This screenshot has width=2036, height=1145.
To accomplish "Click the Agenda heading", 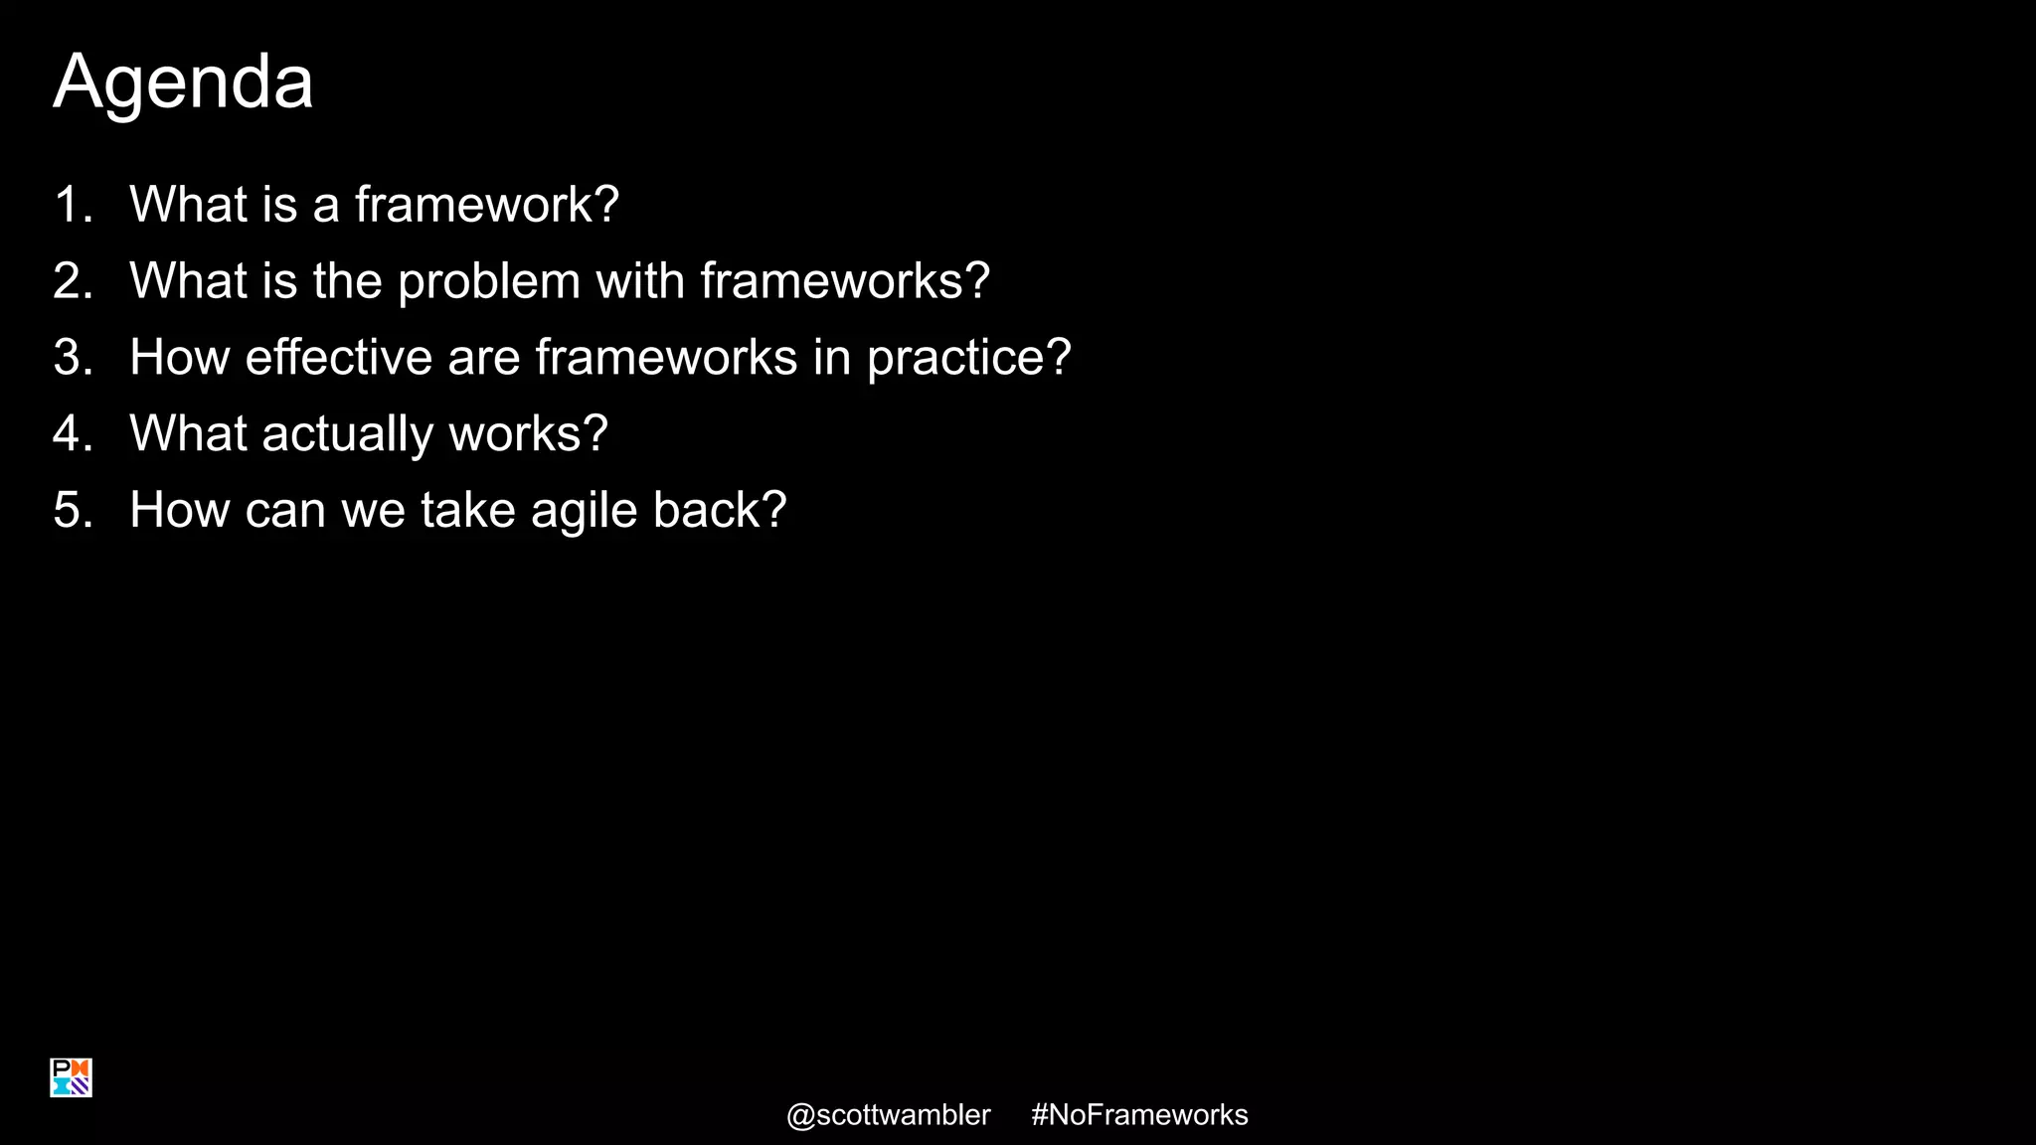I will click(183, 82).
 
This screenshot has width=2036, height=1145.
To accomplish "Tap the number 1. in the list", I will click(73, 205).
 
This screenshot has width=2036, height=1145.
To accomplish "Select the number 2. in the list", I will click(73, 281).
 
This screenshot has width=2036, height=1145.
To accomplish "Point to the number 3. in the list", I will click(73, 358).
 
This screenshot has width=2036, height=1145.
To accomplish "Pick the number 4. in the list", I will click(73, 434).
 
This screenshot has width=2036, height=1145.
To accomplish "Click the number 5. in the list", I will click(73, 511).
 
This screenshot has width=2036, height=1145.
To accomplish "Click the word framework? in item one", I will click(487, 205).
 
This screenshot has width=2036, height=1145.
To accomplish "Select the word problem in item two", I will click(488, 282).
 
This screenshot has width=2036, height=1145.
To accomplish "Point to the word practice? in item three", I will click(968, 359).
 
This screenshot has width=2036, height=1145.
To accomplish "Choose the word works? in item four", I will click(528, 434).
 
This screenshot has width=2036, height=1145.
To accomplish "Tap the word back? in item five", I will click(720, 511).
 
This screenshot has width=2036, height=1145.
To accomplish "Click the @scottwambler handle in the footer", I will click(888, 1115).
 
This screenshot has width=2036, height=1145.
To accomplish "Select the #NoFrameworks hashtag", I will click(1139, 1115).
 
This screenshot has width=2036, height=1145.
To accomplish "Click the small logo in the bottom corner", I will click(71, 1077).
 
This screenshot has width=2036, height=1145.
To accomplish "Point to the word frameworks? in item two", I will click(845, 281).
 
